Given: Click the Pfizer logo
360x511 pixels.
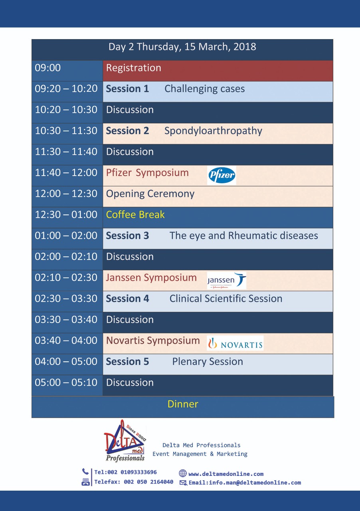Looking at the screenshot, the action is coord(222,175).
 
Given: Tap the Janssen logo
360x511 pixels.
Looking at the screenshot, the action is coord(227,280).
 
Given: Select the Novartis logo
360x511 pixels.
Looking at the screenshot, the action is coord(235,343).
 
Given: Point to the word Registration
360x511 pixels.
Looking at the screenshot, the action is coord(134,68).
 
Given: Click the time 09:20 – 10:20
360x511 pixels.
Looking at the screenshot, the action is coord(66,89).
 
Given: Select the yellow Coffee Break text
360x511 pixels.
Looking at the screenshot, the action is coord(135,215).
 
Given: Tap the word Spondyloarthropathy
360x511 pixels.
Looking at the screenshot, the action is coord(213,131).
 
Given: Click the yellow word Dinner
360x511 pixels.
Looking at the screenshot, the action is coord(183,404).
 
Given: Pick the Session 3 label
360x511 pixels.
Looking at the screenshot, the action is coord(127,236).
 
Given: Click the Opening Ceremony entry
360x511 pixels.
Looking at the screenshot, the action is coord(150,194).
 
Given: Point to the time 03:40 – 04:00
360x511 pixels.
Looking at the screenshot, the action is coord(66,341).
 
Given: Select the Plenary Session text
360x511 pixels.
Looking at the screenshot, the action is coord(208,362).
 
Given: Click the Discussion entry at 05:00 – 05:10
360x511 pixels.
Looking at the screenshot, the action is coord(130,382).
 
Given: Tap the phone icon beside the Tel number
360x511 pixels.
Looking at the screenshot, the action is coord(85,471).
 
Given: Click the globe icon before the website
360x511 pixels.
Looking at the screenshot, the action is coord(182,473).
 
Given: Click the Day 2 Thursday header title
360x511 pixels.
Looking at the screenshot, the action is coord(182,47).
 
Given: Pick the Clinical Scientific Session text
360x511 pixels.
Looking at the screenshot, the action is coord(226,299).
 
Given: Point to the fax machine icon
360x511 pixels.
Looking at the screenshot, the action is coord(85,482).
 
